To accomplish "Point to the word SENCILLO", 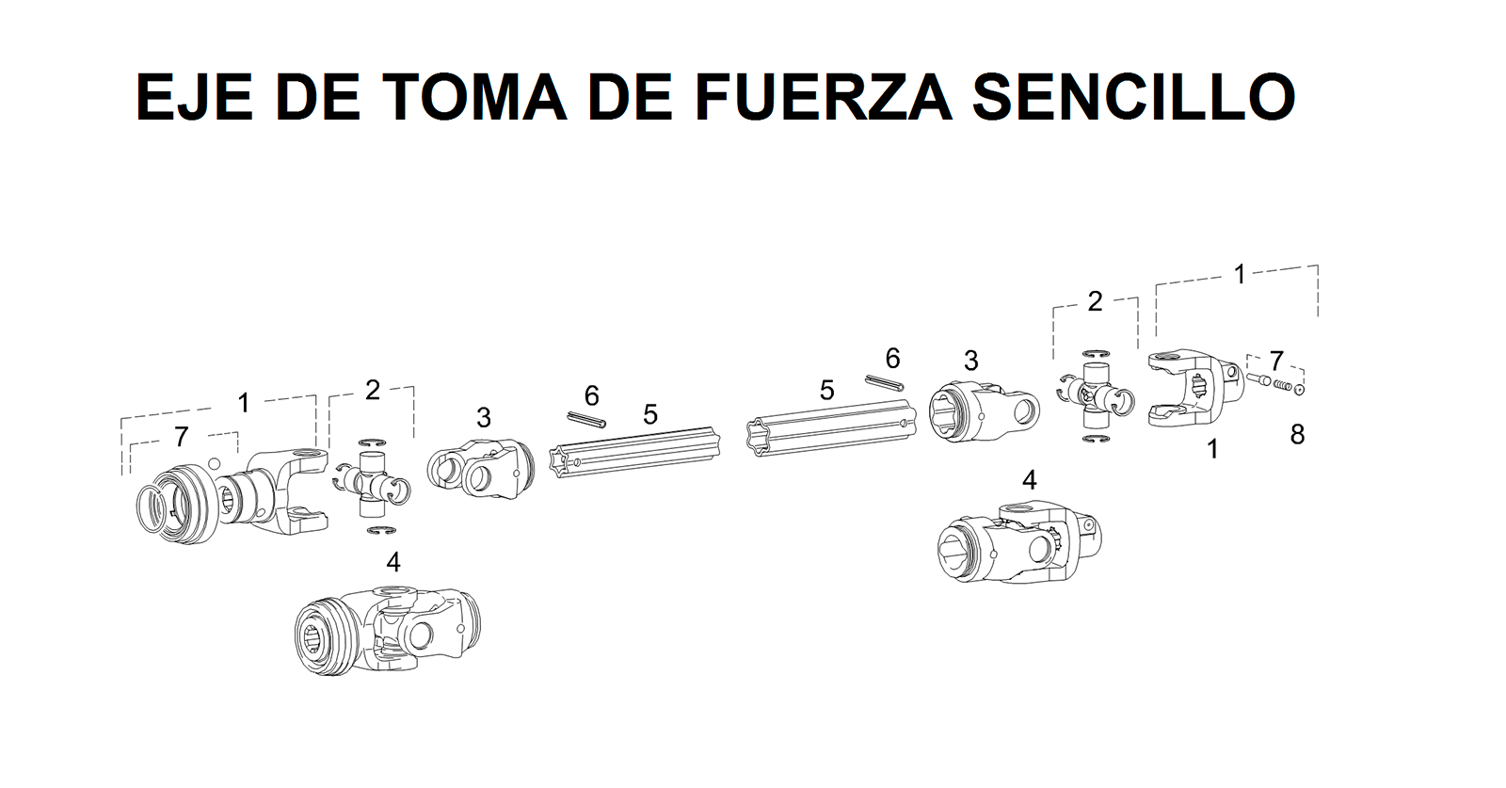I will [1133, 96].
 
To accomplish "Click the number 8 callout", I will [1297, 435].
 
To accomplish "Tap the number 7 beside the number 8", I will [1275, 361].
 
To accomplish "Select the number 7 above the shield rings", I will [181, 437].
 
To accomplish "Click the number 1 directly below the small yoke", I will [1212, 450].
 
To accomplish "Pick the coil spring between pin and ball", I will [1280, 384].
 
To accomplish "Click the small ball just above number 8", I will [1300, 389].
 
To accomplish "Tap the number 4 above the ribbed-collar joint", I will [393, 562].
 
